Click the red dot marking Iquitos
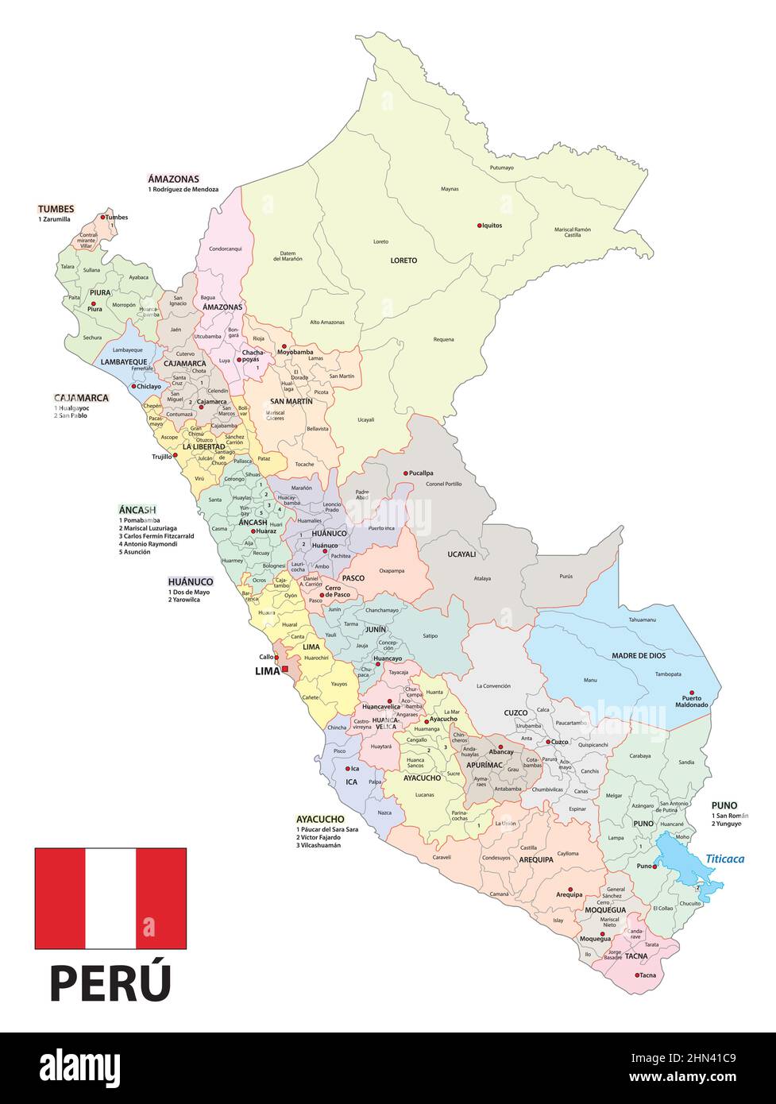point(480,226)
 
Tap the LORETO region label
point(403,261)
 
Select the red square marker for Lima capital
point(285,670)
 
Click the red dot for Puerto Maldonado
point(692,693)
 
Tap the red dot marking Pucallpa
point(406,473)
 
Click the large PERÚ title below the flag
point(110,982)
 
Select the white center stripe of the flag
point(110,898)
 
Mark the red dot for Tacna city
point(637,975)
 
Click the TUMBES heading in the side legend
point(56,209)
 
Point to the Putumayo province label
point(501,168)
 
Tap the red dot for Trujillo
point(176,456)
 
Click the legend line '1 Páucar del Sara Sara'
point(326,829)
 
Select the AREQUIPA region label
point(536,859)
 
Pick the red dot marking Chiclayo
point(133,387)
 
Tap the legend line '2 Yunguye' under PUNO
point(727,824)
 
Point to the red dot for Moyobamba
point(284,346)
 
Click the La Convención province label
point(494,685)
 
